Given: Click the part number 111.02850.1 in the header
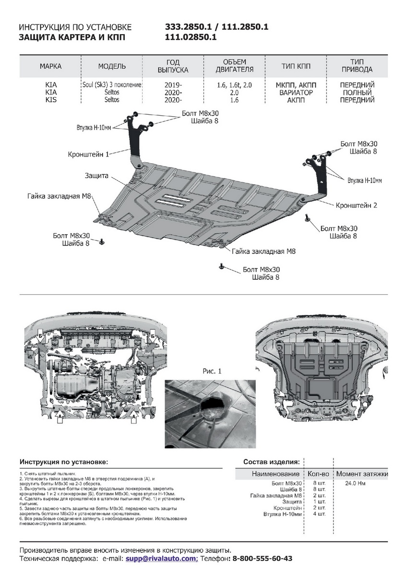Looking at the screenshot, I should [x=191, y=36].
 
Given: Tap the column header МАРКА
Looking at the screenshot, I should [x=50, y=66].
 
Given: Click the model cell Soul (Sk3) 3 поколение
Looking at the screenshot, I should [x=112, y=85].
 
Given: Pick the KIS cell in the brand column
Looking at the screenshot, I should [x=50, y=100].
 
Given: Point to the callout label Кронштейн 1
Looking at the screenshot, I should [x=88, y=154].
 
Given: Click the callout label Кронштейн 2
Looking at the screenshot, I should [x=356, y=205].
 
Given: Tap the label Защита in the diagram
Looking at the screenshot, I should [x=96, y=176].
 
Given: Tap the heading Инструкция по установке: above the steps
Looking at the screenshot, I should [x=64, y=462].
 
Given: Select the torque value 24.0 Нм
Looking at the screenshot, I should [x=355, y=483].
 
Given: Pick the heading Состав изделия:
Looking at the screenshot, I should [x=271, y=462].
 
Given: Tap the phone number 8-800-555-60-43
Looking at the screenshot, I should [x=262, y=559].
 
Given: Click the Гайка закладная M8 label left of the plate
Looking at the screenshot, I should [x=60, y=197].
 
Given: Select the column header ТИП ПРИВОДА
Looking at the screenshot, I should [x=356, y=66].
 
